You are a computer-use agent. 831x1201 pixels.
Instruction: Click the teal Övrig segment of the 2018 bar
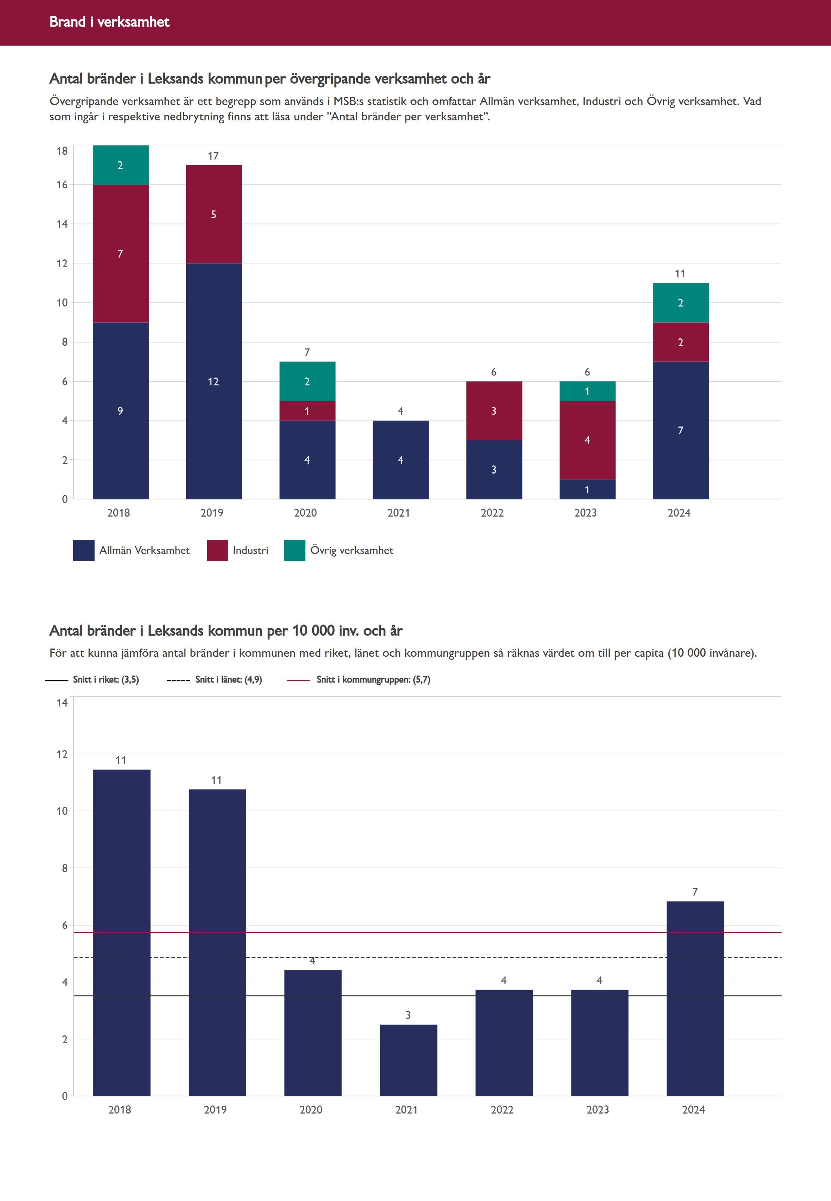[x=120, y=165]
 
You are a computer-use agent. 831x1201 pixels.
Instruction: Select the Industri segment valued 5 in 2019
[x=213, y=214]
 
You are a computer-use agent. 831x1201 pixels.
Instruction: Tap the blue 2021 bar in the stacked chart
[x=400, y=460]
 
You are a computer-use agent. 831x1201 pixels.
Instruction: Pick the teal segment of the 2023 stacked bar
[x=587, y=391]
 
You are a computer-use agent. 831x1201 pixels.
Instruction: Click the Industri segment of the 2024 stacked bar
[x=680, y=342]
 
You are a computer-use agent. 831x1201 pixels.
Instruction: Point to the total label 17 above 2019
[x=213, y=155]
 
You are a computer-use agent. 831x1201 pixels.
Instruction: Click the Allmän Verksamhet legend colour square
[x=84, y=550]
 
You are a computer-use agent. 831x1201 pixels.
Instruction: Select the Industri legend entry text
[x=250, y=550]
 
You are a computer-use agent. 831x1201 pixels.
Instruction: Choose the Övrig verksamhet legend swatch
[x=294, y=550]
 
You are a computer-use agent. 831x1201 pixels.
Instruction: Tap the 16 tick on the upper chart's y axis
[x=62, y=185]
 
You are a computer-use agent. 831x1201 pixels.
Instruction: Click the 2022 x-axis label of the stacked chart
[x=492, y=513]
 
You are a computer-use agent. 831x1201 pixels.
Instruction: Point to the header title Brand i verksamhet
[x=109, y=22]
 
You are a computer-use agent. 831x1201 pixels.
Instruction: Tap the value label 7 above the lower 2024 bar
[x=695, y=892]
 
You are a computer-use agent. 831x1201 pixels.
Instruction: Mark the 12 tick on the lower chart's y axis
[x=62, y=754]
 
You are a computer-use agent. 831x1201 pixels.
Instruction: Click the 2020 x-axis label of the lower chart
[x=311, y=1109]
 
